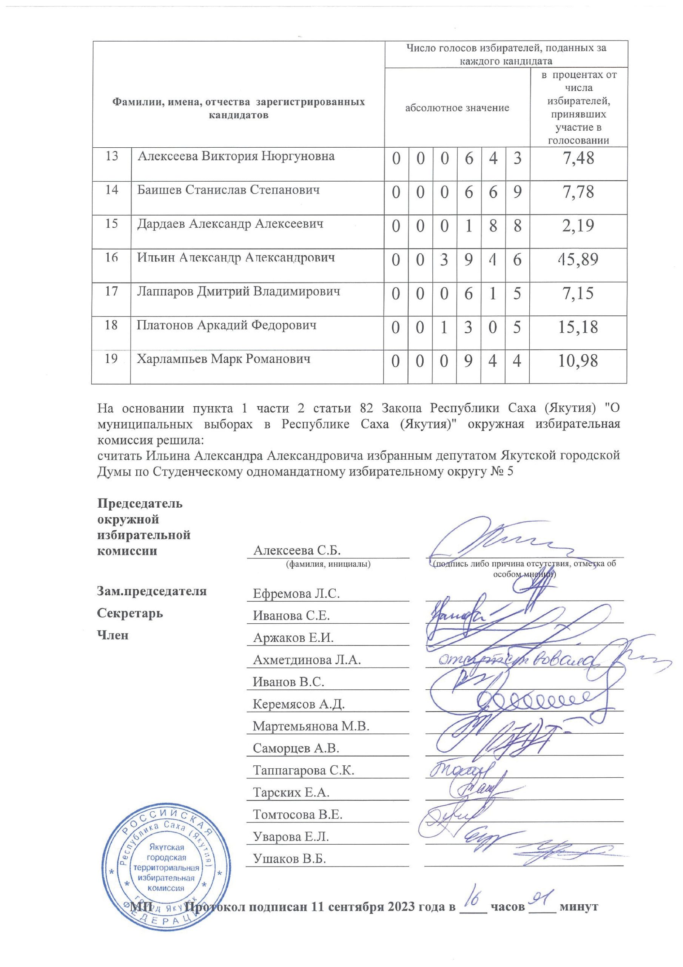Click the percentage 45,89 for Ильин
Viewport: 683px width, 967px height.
click(x=578, y=260)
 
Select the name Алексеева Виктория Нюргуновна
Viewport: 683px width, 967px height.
click(x=236, y=156)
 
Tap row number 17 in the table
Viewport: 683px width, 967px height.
click(x=111, y=291)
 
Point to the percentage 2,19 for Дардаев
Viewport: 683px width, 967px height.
click(x=578, y=226)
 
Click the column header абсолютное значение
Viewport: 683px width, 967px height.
click(x=457, y=108)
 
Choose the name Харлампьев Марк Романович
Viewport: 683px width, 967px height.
click(x=224, y=359)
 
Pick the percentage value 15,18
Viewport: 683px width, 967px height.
click(x=578, y=327)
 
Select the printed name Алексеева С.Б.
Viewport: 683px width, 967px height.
click(x=296, y=550)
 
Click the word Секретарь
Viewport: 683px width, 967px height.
click(x=130, y=613)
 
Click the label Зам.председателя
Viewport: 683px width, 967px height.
click(x=152, y=591)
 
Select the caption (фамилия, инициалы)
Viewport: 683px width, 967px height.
click(x=328, y=564)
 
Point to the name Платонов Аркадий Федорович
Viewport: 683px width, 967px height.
click(x=227, y=325)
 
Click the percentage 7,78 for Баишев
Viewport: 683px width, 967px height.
click(x=578, y=192)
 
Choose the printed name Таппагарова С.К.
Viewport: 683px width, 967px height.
click(x=303, y=770)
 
